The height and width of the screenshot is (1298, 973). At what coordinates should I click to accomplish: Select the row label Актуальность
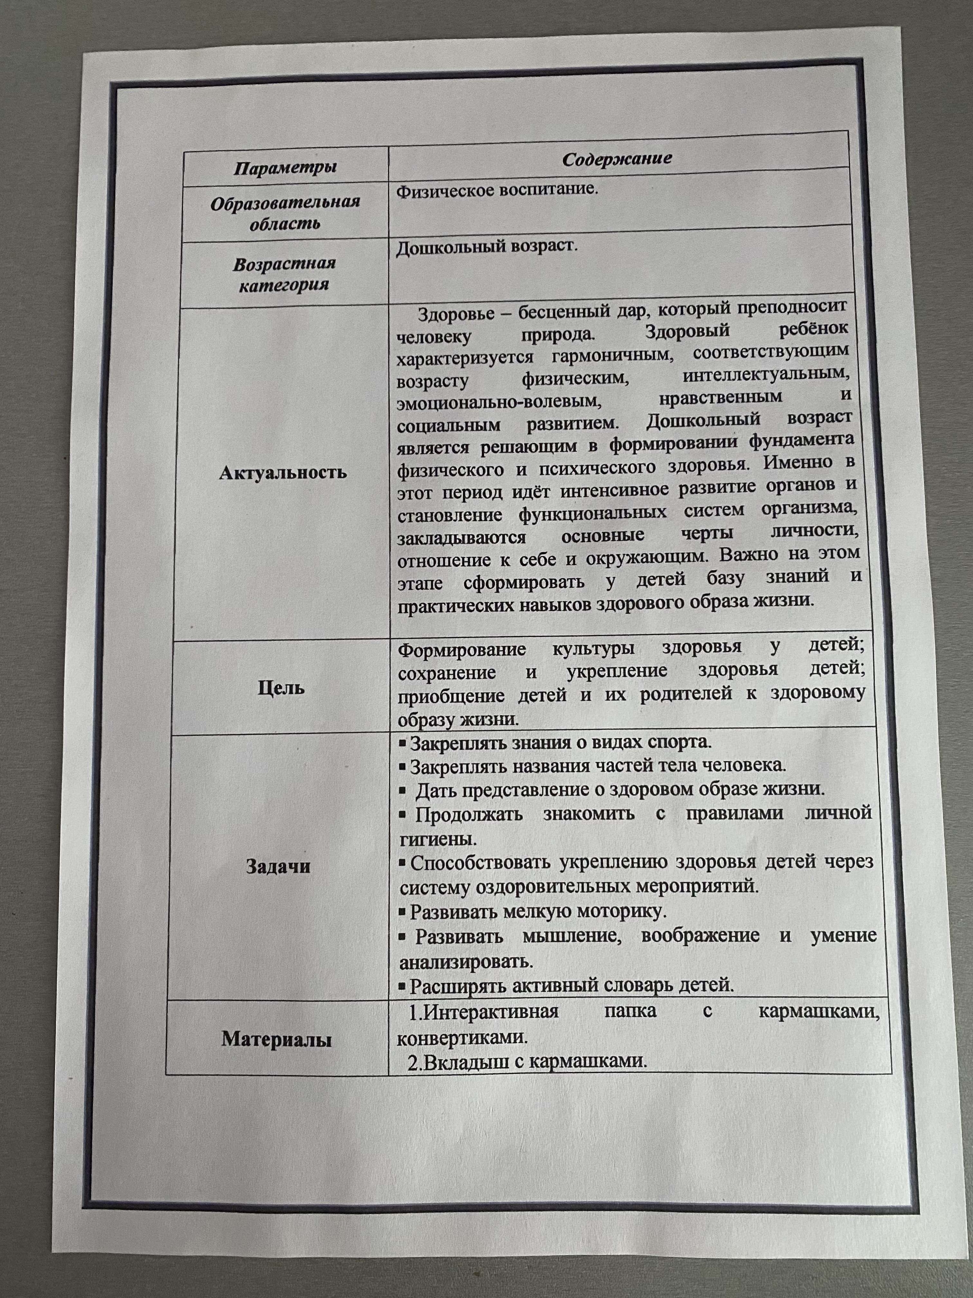point(283,472)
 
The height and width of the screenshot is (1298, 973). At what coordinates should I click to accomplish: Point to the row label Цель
point(281,687)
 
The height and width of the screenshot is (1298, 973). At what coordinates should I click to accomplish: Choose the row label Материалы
point(276,1039)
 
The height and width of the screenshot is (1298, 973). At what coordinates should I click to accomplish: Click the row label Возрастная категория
point(284,274)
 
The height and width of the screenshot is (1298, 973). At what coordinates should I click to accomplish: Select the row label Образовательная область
point(285,212)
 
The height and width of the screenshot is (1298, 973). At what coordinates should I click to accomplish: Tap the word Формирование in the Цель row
point(462,650)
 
